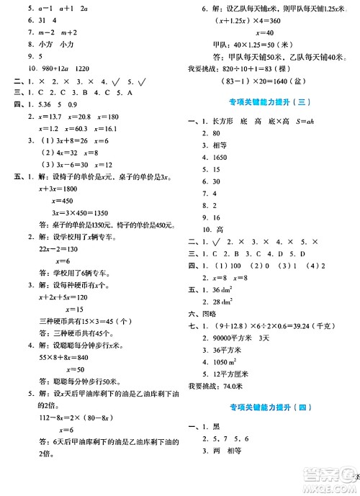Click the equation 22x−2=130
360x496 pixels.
pyautogui.click(x=48, y=309)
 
